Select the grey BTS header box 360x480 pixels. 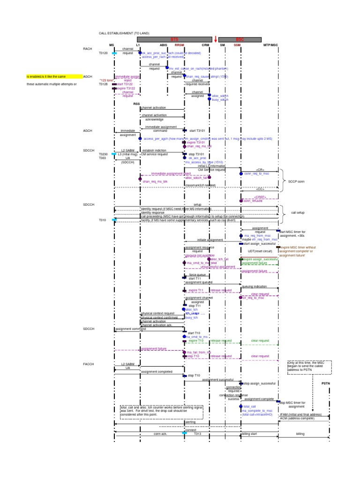pos(174,40)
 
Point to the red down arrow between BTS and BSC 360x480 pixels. pos(216,40)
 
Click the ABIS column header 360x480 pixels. pos(163,45)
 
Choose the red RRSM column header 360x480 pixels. pos(180,45)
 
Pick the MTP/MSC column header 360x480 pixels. pos(270,45)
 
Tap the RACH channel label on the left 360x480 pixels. pos(88,49)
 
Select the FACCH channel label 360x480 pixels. pos(89,364)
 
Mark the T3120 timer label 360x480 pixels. pos(103,53)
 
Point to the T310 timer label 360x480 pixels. pos(103,220)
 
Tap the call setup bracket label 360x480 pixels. pos(298,212)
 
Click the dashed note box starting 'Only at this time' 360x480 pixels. pos(310,368)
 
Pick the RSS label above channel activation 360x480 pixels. pos(136,104)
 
